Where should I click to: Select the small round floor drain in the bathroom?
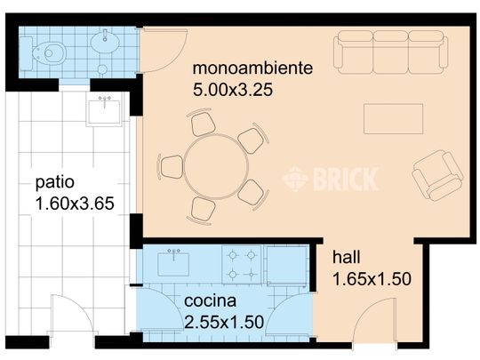(x=102, y=68)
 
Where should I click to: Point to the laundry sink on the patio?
(x=104, y=111)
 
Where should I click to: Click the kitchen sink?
(x=173, y=262)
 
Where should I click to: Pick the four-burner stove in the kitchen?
(x=242, y=263)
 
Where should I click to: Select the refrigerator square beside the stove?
(x=286, y=263)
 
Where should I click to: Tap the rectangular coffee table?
(x=393, y=118)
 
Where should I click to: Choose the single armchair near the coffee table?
(x=436, y=174)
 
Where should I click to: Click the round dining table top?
(x=216, y=166)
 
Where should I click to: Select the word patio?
(x=54, y=184)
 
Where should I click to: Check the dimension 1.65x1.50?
(x=372, y=279)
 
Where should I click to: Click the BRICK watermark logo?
(x=330, y=180)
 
